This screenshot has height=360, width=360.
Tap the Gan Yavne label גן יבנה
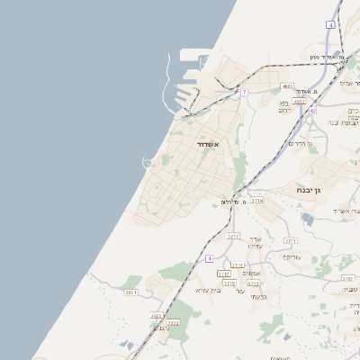click(309, 191)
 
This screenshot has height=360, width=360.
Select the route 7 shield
click(244, 92)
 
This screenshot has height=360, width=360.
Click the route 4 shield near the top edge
click(330, 25)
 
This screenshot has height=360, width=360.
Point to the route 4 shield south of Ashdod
click(210, 258)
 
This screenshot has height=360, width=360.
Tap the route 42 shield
click(312, 110)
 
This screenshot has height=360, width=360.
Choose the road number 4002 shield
click(287, 86)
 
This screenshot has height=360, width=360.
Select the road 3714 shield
click(257, 201)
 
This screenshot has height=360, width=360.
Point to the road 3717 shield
click(234, 236)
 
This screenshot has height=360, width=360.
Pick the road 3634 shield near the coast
click(131, 292)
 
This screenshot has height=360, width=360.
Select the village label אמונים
click(252, 273)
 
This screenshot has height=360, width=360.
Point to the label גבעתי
click(259, 296)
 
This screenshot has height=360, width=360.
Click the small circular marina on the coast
click(148, 162)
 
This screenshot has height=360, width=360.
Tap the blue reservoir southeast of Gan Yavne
click(309, 219)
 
